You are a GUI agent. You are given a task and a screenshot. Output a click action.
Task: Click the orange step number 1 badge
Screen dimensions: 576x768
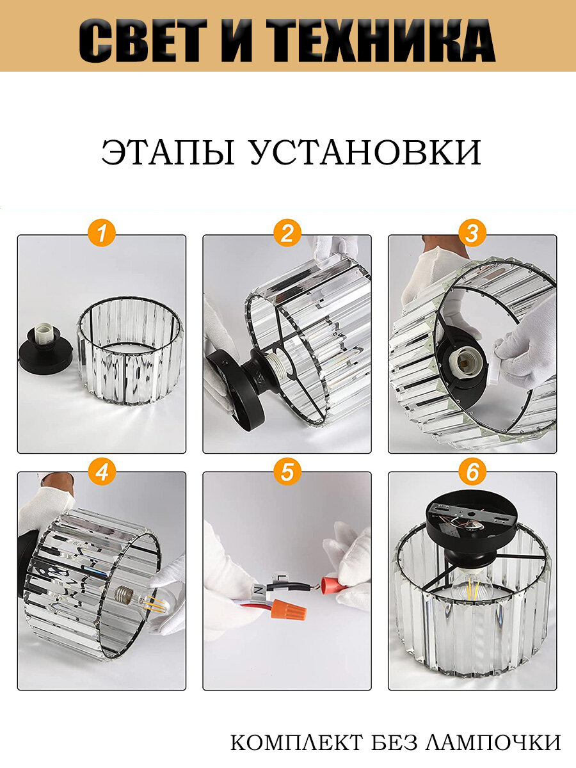pyautogui.click(x=101, y=233)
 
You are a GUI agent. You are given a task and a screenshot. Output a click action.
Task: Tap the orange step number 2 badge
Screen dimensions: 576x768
pyautogui.click(x=287, y=233)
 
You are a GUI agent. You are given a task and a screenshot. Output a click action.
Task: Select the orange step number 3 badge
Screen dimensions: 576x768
pyautogui.click(x=472, y=233)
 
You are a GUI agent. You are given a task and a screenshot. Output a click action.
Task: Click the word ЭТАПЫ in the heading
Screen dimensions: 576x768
pyautogui.click(x=168, y=152)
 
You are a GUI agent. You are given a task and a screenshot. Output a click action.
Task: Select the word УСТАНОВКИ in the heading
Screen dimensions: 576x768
pyautogui.click(x=365, y=152)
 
